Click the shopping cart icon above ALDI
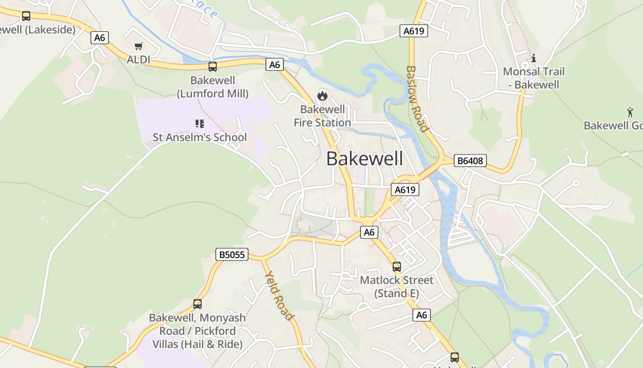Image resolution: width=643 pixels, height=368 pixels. (x=139, y=46)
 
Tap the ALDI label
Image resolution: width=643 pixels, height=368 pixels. (x=139, y=60)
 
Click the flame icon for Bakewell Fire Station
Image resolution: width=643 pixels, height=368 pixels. (x=322, y=96)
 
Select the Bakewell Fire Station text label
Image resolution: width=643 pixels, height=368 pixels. (x=322, y=116)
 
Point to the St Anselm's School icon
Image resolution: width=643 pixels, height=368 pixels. (x=199, y=123)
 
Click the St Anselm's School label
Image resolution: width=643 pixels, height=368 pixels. (x=200, y=137)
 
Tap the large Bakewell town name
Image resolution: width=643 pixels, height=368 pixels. (x=365, y=159)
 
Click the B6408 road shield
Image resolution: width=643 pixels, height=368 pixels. (x=470, y=161)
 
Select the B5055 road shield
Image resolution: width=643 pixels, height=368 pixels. (x=232, y=254)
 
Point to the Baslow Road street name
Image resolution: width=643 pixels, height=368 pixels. (x=417, y=98)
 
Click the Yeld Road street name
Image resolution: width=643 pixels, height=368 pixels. (x=278, y=295)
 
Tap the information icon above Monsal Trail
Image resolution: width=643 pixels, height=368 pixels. (x=534, y=58)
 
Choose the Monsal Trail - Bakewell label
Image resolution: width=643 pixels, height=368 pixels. (x=534, y=78)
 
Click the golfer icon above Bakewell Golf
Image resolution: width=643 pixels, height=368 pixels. (x=630, y=112)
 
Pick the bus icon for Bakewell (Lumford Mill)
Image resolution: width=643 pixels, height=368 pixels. (x=213, y=67)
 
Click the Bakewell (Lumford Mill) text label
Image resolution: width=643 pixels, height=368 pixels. (x=213, y=87)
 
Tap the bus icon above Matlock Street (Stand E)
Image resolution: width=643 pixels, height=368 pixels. (x=397, y=267)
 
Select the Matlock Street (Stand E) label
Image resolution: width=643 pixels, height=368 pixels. (x=397, y=287)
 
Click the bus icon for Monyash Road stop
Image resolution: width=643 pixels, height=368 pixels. (x=197, y=304)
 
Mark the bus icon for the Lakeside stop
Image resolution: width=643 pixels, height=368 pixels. (x=26, y=16)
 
